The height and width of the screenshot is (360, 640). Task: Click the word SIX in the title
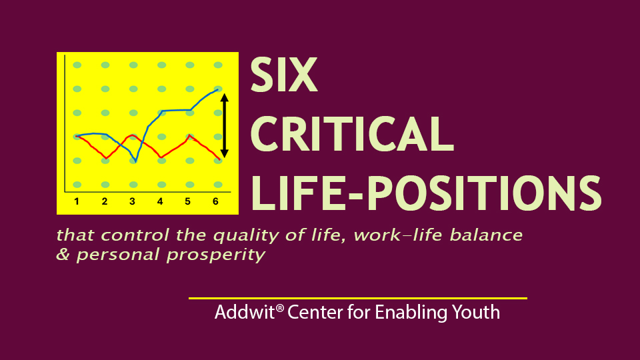click(284, 75)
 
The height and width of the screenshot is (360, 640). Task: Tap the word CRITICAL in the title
click(352, 134)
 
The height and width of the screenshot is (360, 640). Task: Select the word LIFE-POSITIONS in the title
click(426, 193)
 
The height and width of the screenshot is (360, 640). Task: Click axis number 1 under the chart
click(77, 201)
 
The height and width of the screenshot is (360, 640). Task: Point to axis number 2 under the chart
click(105, 201)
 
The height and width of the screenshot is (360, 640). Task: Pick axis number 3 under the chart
click(132, 201)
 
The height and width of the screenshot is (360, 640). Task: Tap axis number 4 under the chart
click(160, 201)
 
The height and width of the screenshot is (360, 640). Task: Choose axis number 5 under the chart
click(188, 201)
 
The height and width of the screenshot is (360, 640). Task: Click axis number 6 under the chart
click(215, 201)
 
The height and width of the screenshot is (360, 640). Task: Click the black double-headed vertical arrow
click(224, 126)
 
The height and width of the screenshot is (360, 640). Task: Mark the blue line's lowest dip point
click(135, 162)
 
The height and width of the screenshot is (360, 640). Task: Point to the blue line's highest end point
click(219, 89)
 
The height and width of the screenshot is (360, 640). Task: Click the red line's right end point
click(219, 159)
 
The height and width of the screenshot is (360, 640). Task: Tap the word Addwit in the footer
click(245, 313)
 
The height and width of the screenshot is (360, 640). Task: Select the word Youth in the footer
click(475, 313)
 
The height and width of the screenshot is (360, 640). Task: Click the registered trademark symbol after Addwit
click(279, 308)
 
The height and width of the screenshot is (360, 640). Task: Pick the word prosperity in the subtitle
click(216, 255)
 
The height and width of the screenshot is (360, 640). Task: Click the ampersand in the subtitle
click(63, 254)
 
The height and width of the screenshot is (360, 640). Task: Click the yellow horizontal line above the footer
click(358, 299)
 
